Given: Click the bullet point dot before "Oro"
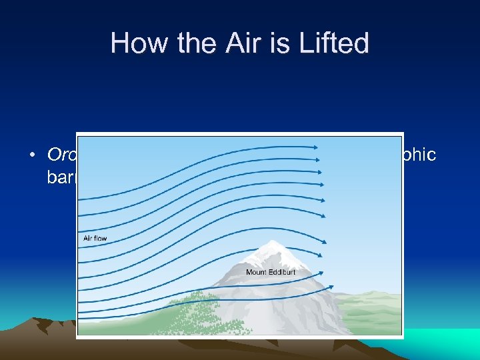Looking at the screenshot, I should click(x=33, y=155).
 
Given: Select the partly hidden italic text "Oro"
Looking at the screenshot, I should click(x=61, y=155).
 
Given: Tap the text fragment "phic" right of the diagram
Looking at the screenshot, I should click(x=420, y=155).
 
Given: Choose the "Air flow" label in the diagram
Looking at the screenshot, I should click(x=95, y=238).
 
